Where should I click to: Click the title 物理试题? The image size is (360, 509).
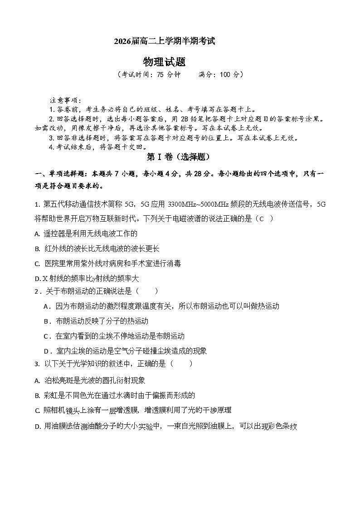point(164,62)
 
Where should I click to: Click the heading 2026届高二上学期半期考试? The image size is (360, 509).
point(165,41)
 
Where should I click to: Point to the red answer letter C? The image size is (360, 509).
point(261,219)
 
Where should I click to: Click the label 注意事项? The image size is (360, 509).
point(65,100)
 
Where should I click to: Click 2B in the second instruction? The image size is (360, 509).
point(187,119)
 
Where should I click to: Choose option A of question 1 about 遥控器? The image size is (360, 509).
point(86,234)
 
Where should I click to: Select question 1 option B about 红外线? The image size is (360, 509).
point(97,249)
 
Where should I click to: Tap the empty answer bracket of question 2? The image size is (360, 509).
point(147,291)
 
